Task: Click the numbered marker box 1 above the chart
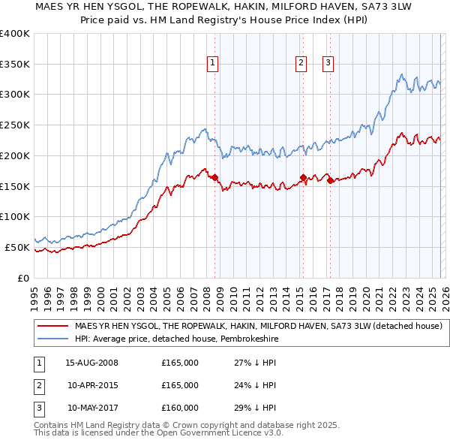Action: coord(214,64)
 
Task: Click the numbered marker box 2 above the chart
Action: coord(301,64)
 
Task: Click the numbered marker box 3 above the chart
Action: coord(328,64)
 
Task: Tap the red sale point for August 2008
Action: coord(214,177)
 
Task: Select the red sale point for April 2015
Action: coord(303,177)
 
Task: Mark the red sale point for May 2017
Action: coord(330,180)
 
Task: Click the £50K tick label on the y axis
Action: coord(17,247)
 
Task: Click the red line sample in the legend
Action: coord(52,326)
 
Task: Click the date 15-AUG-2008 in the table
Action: coord(91,363)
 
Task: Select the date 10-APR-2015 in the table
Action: coord(92,385)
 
